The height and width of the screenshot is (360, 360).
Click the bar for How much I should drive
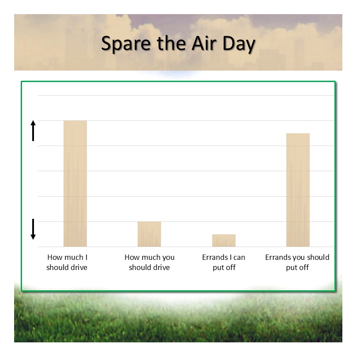(75, 184)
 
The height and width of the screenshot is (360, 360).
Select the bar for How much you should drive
(149, 234)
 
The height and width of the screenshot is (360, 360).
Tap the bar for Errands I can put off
(224, 240)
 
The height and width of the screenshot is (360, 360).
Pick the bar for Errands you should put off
(298, 190)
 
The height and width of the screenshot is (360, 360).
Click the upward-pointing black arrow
(33, 131)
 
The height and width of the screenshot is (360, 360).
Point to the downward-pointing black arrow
(33, 229)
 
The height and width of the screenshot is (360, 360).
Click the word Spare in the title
(126, 43)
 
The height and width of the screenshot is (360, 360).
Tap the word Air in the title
(204, 43)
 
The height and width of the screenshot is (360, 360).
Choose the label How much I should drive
(67, 262)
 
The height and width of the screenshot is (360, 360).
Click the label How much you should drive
(150, 262)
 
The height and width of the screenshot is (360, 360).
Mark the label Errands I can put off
(224, 262)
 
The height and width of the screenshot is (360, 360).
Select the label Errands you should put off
(297, 262)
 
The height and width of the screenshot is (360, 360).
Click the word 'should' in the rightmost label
(318, 257)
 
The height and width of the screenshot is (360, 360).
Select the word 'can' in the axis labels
(239, 258)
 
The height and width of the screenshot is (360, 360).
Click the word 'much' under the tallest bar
(73, 257)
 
